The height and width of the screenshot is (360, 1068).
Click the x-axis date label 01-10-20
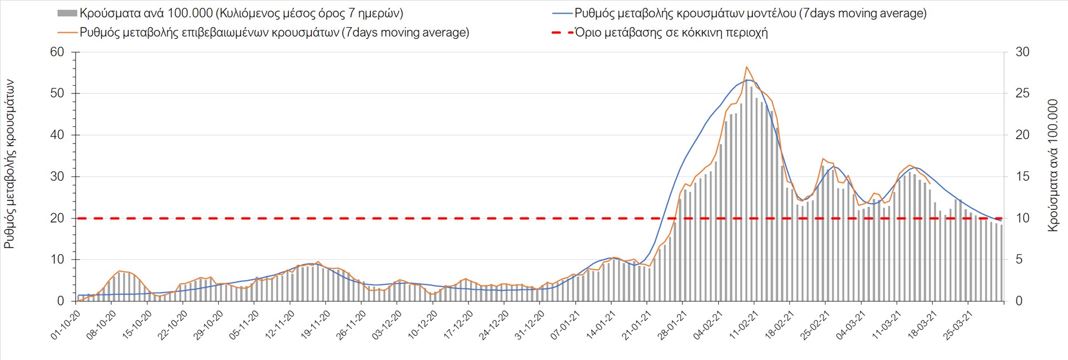[66, 326]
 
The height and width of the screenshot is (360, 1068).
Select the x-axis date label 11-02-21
[744, 326]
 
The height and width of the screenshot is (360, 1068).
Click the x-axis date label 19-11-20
[315, 326]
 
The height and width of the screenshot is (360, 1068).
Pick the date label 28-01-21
[673, 326]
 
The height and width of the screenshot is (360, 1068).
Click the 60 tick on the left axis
[57, 52]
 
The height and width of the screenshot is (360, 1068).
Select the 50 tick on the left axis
[57, 93]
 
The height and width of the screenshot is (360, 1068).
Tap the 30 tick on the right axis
[1022, 52]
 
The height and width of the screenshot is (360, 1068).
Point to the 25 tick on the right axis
[1022, 93]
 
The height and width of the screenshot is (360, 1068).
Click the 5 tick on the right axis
[1019, 259]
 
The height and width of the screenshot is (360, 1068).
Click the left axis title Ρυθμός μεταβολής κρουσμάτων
[9, 164]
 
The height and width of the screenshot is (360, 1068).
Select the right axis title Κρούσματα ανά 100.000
[1052, 165]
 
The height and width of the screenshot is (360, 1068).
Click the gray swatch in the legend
[67, 13]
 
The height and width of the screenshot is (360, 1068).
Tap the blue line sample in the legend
[562, 13]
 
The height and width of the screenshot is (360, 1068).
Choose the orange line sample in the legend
[67, 32]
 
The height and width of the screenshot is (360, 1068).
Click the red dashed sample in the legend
[562, 32]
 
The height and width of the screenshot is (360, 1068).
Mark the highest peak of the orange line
[746, 67]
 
